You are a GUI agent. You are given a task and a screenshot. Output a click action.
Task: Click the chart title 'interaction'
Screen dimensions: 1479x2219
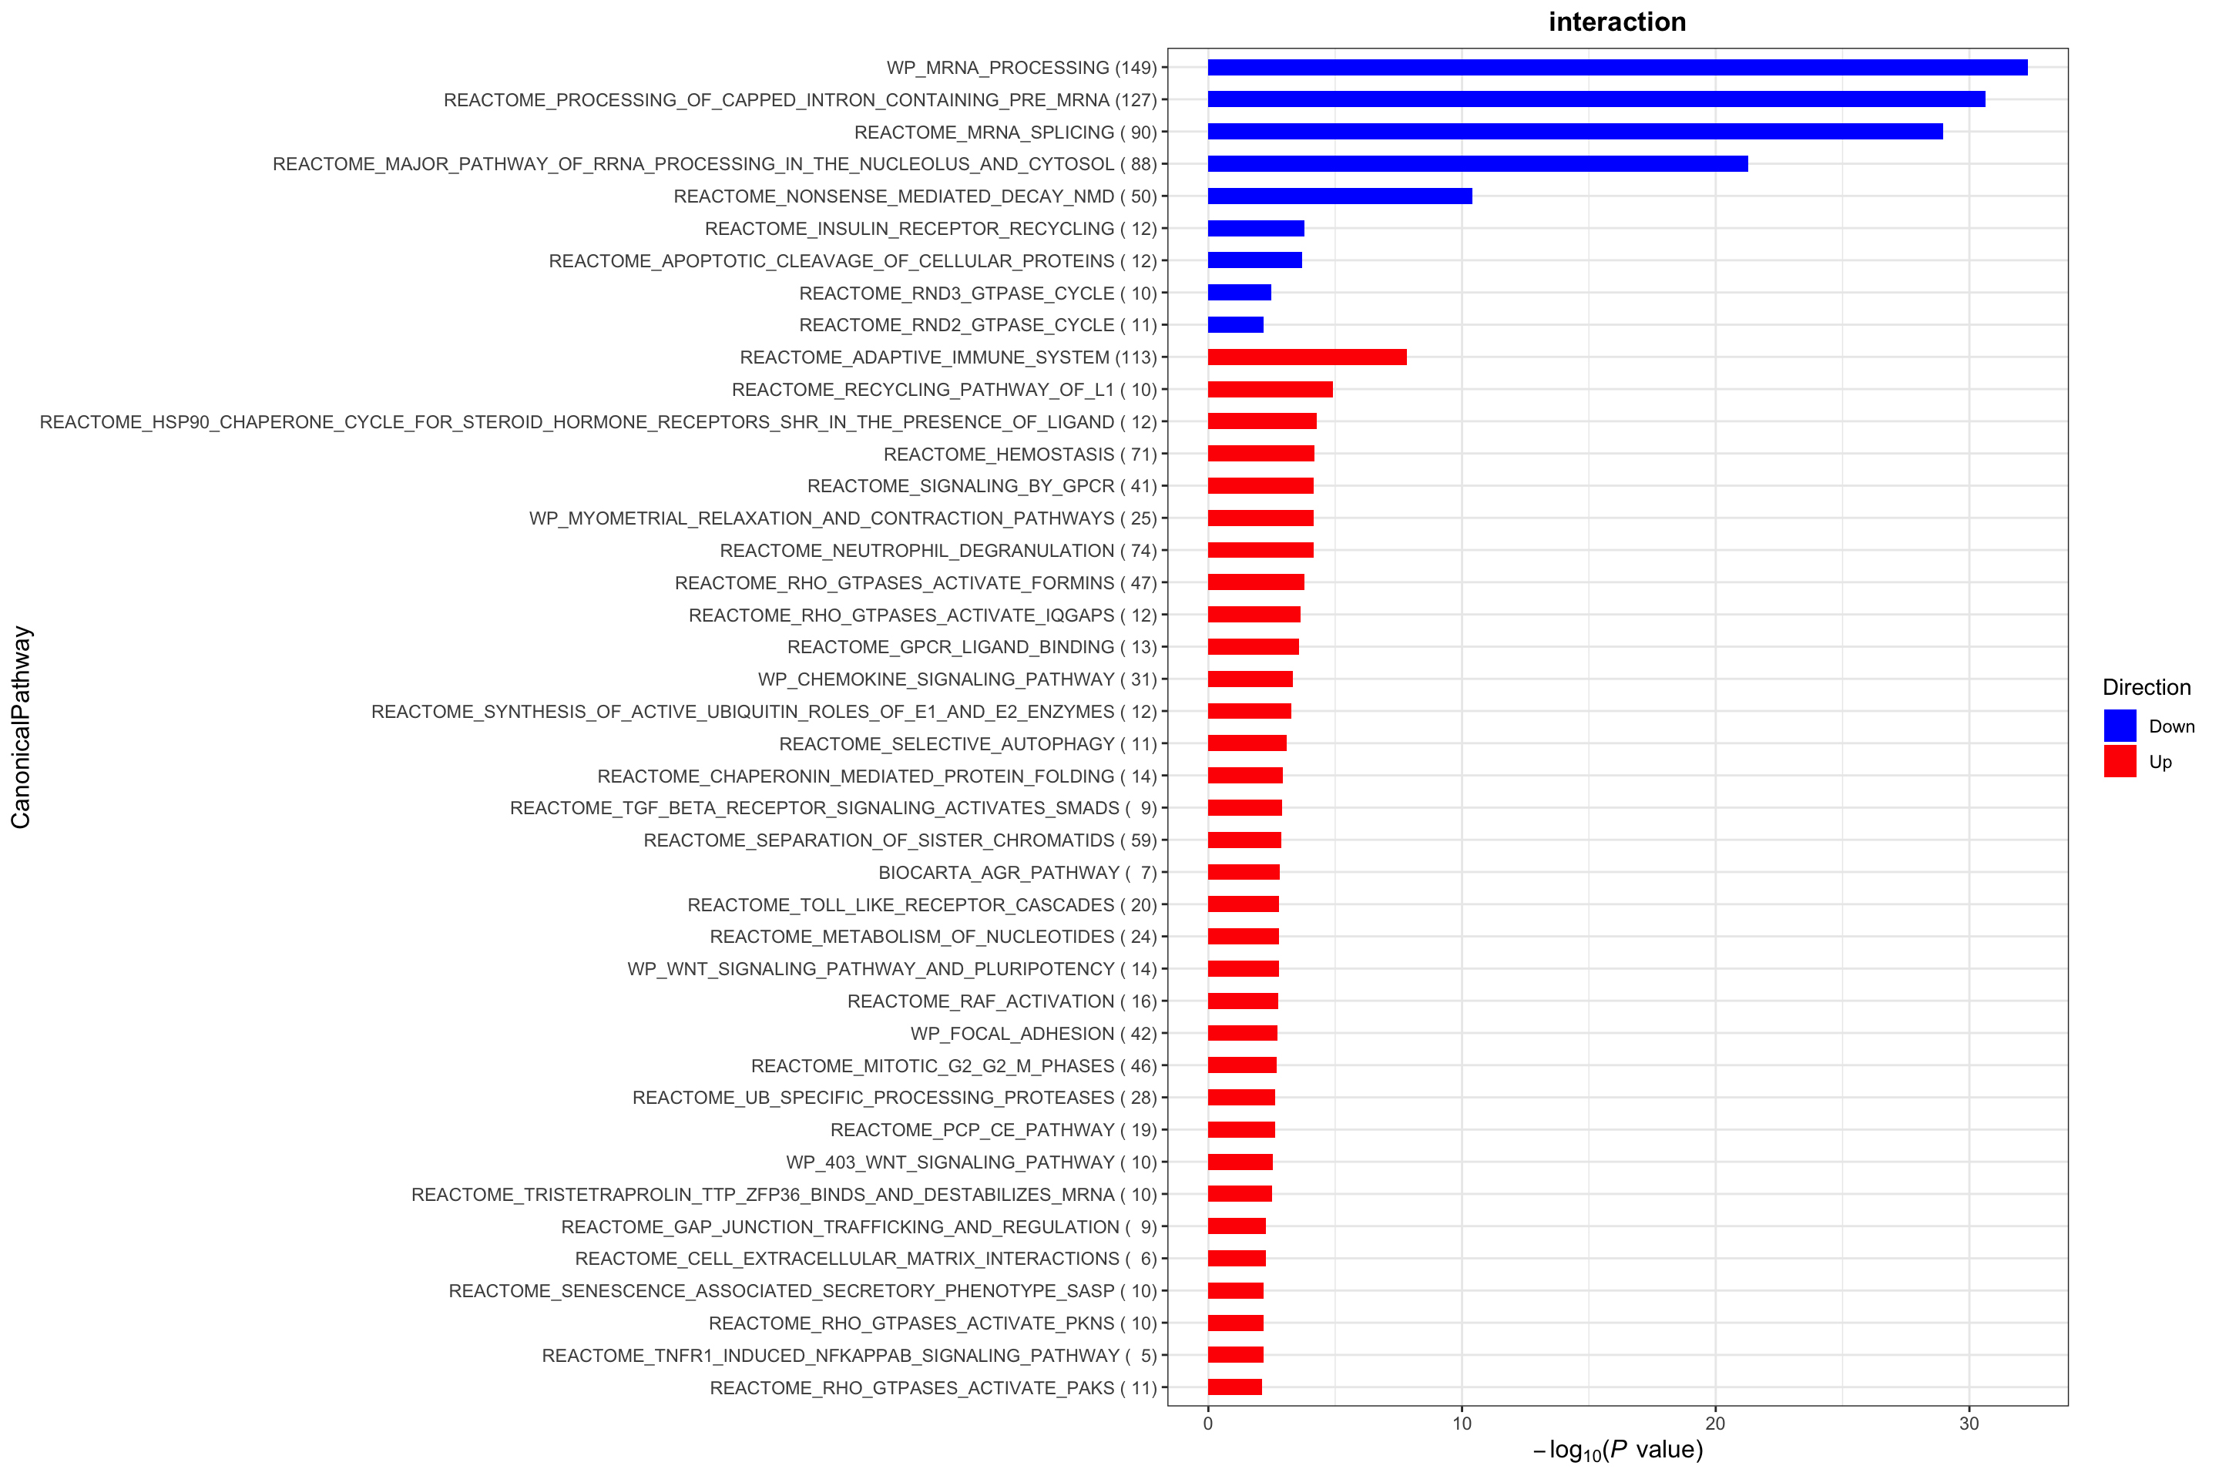[1616, 22]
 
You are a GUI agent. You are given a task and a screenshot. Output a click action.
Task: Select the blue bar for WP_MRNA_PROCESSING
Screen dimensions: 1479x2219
[1617, 67]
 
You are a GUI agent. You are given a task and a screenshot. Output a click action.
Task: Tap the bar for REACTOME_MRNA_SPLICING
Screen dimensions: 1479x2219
[1575, 131]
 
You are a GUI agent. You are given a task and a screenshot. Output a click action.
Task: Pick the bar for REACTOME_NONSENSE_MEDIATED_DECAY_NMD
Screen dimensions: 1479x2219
[1340, 196]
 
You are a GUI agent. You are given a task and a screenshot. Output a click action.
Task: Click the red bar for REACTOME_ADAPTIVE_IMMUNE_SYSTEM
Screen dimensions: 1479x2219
[1307, 357]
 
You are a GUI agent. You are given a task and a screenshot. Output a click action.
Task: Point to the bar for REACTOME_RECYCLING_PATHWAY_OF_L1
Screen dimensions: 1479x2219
[1270, 390]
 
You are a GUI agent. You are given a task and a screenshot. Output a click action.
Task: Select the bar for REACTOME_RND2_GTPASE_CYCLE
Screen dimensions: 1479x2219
[1235, 324]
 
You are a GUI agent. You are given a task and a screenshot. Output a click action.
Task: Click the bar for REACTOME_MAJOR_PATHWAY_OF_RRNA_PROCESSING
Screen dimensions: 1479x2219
[1478, 164]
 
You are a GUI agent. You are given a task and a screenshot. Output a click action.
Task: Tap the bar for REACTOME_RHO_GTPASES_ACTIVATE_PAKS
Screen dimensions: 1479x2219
[1234, 1387]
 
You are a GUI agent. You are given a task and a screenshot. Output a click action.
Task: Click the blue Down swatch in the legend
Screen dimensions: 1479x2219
[2120, 726]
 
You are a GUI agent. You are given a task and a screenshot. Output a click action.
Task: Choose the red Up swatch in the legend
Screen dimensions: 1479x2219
[2120, 761]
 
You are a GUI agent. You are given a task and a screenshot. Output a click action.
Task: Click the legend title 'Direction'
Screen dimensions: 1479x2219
[2147, 688]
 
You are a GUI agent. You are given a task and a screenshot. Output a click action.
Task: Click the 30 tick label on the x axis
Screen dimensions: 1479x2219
[1969, 1424]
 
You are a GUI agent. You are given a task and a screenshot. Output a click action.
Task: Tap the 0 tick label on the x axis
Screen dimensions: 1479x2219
[1207, 1424]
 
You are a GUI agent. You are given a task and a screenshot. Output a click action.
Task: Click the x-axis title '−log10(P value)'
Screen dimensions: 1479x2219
[1617, 1450]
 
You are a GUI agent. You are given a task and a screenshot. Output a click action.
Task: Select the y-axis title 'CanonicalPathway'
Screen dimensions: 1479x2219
[21, 727]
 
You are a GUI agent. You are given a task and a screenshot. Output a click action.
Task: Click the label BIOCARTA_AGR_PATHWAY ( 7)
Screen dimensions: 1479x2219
[1017, 873]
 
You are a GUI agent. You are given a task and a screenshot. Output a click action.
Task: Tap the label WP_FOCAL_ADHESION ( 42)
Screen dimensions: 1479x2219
[1033, 1034]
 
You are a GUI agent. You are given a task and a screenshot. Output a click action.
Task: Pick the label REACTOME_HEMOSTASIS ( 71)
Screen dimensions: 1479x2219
[1020, 454]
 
